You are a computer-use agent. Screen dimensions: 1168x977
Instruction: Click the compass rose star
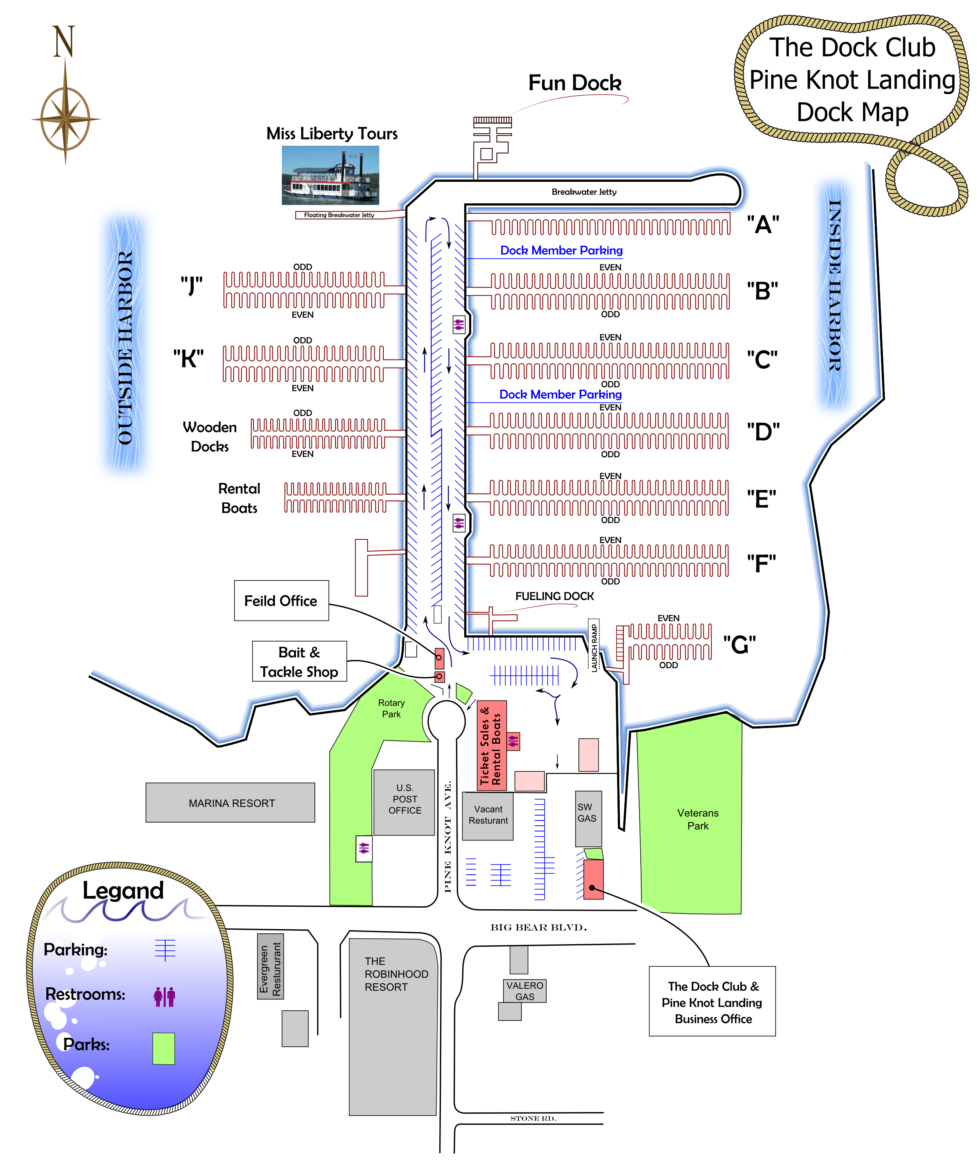tap(66, 119)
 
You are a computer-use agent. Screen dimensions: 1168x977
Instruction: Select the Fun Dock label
tap(574, 83)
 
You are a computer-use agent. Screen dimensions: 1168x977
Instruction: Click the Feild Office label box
tap(281, 601)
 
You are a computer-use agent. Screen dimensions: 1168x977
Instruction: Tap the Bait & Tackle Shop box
tap(299, 661)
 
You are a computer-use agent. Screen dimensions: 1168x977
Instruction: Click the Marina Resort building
tap(231, 803)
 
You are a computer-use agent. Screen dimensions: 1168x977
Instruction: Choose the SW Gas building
tap(588, 818)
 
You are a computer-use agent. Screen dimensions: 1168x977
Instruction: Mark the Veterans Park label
tap(698, 819)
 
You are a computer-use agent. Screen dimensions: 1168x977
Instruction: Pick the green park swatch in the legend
tap(164, 1048)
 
